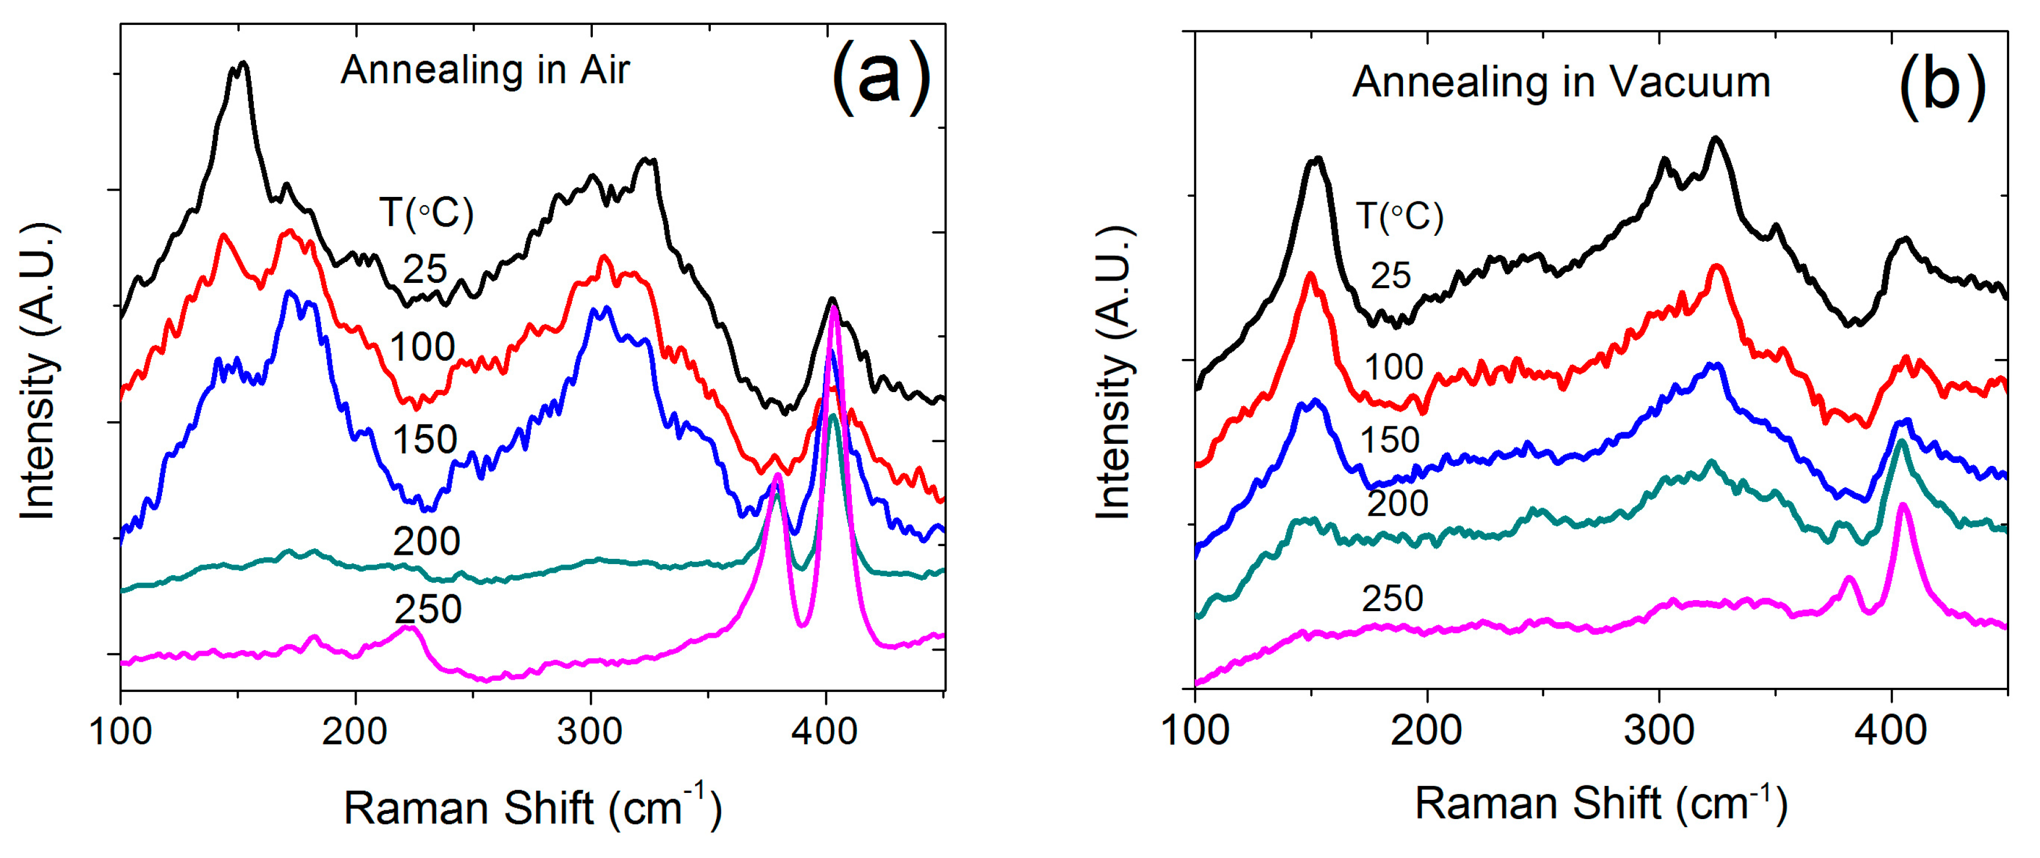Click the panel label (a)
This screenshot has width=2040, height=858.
click(880, 78)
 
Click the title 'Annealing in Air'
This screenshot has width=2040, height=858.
click(485, 70)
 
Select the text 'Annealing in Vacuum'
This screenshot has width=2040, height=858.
click(1561, 82)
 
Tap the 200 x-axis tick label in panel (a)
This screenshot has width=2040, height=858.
click(354, 730)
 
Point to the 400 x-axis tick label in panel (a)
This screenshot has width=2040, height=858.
click(825, 730)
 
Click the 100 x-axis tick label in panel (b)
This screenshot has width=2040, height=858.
click(1195, 730)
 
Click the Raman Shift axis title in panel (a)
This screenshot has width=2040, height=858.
click(532, 808)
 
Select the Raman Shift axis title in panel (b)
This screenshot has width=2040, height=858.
click(1601, 803)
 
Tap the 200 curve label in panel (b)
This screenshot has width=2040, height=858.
click(1397, 503)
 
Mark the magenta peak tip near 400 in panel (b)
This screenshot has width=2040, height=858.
click(1903, 505)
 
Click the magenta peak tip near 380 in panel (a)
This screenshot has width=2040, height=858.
click(778, 475)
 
